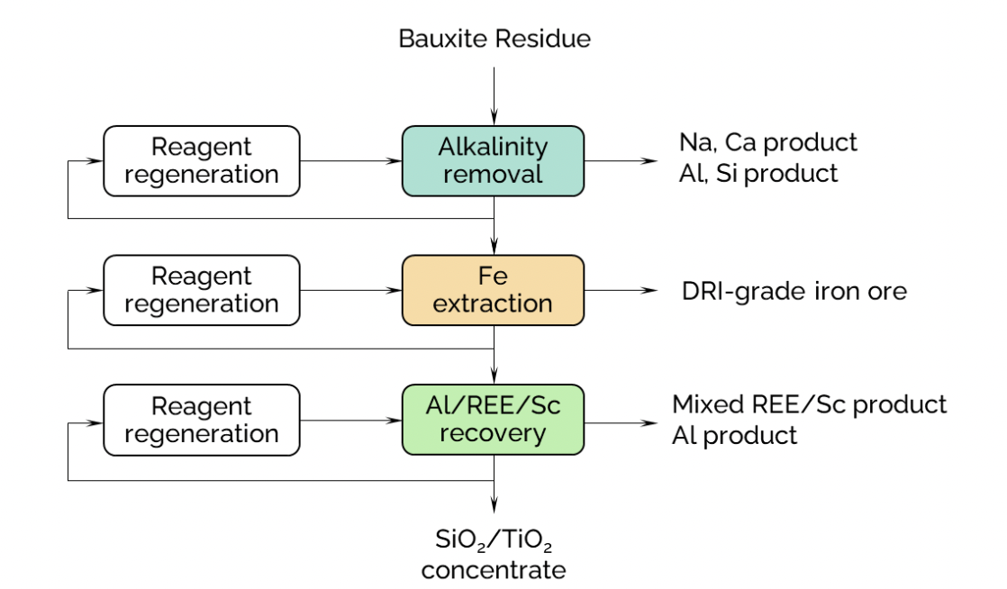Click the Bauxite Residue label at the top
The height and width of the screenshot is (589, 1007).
coord(494,39)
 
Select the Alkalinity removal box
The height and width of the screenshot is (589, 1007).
coord(494,160)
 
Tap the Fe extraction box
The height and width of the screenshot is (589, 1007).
coord(494,290)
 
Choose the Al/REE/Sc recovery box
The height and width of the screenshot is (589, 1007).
coord(494,420)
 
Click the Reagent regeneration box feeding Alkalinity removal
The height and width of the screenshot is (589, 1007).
coord(202,160)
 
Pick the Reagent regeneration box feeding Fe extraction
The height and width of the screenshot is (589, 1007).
coord(202,290)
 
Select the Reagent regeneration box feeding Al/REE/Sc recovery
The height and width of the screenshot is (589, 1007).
coord(202,420)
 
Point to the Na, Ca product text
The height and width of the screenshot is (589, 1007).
coord(768,142)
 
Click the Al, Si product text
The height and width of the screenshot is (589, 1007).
coord(758,174)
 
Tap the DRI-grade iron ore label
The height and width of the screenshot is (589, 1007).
coord(794,291)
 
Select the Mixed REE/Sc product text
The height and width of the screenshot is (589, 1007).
coord(809,404)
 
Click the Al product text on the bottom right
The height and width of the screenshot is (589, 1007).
coord(735,436)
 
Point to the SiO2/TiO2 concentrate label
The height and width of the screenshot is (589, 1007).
coord(494,554)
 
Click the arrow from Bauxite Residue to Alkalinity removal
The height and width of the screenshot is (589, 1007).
coord(494,96)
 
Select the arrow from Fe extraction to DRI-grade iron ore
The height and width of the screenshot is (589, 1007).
coord(621,290)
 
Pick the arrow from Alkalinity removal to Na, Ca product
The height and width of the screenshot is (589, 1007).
coord(621,160)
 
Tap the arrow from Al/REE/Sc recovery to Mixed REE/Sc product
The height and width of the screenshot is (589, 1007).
coord(621,422)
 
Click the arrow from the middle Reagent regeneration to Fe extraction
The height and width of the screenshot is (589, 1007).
coord(351,290)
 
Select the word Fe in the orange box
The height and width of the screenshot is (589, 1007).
coord(494,276)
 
